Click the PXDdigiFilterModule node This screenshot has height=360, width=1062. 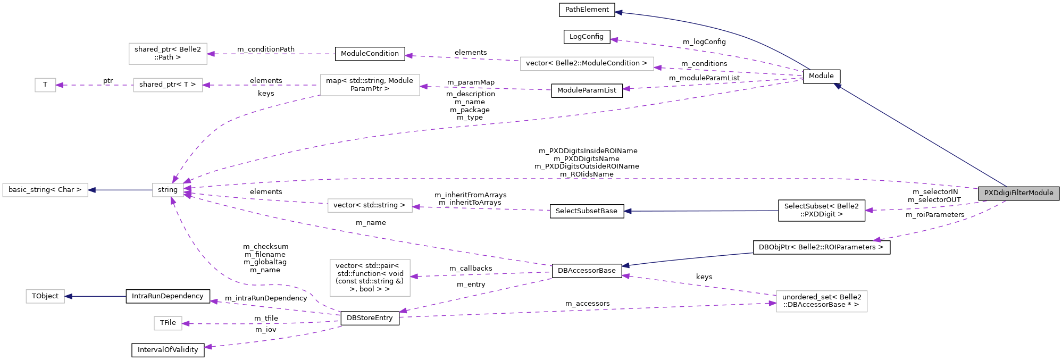(x=1018, y=193)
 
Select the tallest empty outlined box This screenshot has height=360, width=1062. (x=370, y=278)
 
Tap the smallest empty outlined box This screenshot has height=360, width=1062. (x=45, y=85)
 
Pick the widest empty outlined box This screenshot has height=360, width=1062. (x=587, y=64)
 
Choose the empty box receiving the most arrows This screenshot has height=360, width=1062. (x=168, y=190)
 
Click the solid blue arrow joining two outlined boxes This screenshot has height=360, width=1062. (x=120, y=190)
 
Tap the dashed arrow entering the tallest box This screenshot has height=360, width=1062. (x=479, y=274)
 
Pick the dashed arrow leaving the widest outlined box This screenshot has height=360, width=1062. (x=463, y=58)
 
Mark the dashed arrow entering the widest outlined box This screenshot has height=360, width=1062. (x=729, y=71)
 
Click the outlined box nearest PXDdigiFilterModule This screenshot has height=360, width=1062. (x=822, y=302)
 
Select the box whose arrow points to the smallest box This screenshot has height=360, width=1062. (x=168, y=85)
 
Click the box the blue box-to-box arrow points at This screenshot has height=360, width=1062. (x=45, y=190)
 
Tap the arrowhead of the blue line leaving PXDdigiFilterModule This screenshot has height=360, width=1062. (x=838, y=86)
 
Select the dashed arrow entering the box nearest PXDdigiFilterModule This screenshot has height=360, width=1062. (x=585, y=310)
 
